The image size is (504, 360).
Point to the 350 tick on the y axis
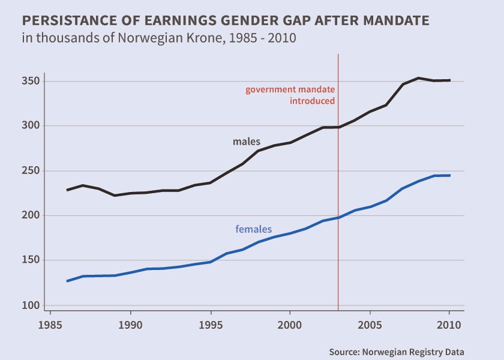coord(32,81)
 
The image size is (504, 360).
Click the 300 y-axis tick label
coord(32,126)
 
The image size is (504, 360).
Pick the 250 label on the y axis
coord(32,171)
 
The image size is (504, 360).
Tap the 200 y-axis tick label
coord(32,215)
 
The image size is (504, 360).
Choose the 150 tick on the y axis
coord(32,260)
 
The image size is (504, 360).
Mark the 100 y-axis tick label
coord(32,305)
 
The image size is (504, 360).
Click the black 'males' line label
coord(247,142)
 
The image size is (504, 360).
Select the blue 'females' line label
coord(253,229)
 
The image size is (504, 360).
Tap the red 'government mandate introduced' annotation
coord(290,95)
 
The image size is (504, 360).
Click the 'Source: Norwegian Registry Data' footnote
coord(397,352)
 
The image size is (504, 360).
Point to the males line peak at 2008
coord(418,78)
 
